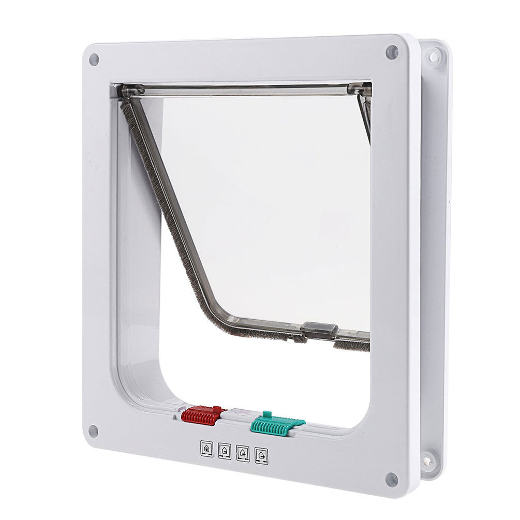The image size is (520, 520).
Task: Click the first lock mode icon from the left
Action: (x=207, y=449)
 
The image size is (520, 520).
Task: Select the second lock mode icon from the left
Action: (x=225, y=451)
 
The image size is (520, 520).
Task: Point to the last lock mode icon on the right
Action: (x=261, y=456)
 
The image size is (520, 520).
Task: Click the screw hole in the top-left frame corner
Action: (x=94, y=60)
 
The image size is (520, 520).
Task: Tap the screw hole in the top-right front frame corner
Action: (x=392, y=52)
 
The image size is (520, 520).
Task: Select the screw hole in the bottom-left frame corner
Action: (x=93, y=430)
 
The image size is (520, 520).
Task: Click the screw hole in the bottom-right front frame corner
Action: (x=392, y=479)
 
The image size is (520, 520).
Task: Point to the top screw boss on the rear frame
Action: (x=433, y=56)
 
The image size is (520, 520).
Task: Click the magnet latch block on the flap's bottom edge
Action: (x=319, y=329)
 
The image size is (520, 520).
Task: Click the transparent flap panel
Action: (x=269, y=207)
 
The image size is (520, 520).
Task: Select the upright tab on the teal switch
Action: (x=267, y=414)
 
